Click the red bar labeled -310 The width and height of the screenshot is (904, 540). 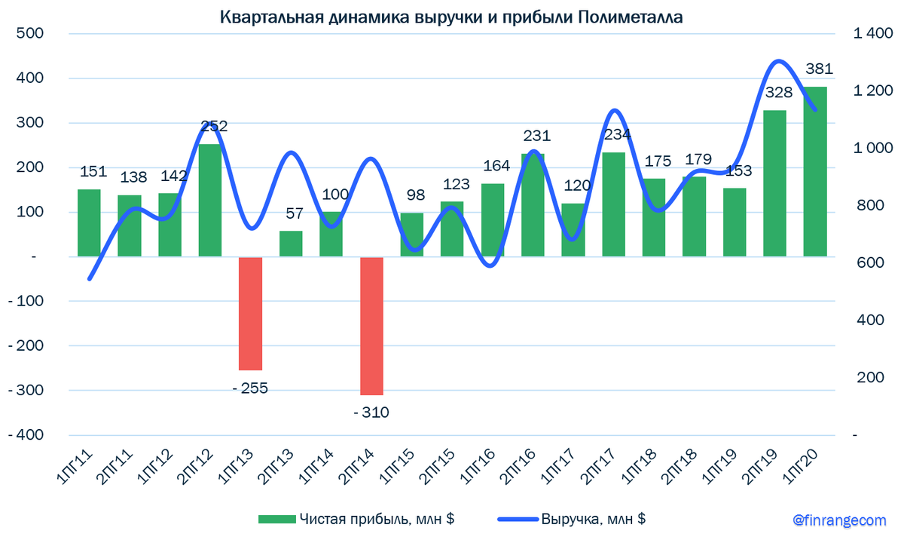(x=371, y=326)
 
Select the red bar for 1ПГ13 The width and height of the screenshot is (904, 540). (x=250, y=313)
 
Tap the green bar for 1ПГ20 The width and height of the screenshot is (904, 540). (x=814, y=172)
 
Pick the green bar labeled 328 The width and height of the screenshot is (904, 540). (x=774, y=183)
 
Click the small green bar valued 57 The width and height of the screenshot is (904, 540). (x=291, y=244)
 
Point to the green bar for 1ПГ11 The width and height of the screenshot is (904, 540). (x=89, y=222)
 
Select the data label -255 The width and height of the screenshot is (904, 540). (x=249, y=388)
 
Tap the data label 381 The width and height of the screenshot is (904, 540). (x=818, y=69)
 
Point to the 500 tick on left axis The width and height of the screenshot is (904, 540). (x=30, y=34)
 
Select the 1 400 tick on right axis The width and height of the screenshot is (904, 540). (x=872, y=34)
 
